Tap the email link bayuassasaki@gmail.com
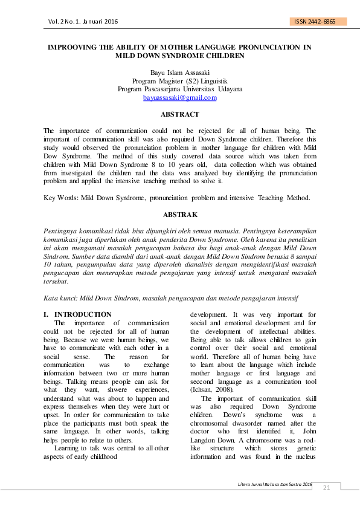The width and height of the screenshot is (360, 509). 179,97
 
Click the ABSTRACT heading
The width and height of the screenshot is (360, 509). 179,114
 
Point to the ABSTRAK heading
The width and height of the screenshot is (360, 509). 179,215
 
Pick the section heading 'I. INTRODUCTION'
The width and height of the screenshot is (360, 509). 77,314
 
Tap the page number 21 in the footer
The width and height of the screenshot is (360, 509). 327,488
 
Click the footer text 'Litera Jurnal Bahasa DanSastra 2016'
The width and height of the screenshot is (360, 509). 276,485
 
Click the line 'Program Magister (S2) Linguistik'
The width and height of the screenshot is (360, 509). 179,80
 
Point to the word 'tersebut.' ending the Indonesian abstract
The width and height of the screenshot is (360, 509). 56,281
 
